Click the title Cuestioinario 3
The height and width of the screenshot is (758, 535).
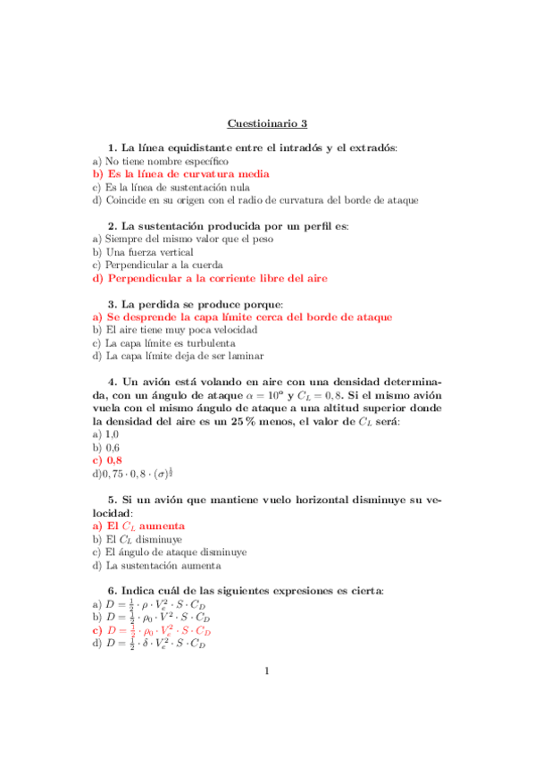click(x=267, y=123)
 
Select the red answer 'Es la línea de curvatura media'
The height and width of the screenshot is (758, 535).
click(x=187, y=174)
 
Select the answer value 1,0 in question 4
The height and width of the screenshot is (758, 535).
click(x=112, y=434)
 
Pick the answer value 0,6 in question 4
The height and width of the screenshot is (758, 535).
click(x=113, y=447)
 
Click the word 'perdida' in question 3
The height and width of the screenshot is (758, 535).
click(x=161, y=304)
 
